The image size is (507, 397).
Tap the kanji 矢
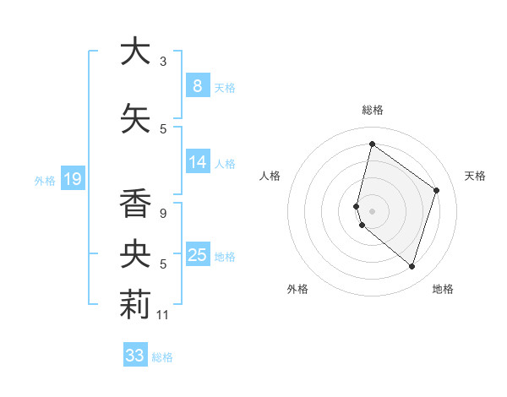pos(134,117)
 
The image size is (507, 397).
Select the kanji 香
pos(134,203)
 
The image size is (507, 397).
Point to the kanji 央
pos(134,253)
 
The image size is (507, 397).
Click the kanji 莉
pos(134,306)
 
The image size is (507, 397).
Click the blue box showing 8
pos(197,86)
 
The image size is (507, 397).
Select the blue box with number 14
pos(197,163)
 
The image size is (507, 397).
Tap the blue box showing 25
pos(197,255)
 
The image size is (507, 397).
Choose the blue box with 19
pos(72,179)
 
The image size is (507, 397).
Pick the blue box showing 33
pos(134,356)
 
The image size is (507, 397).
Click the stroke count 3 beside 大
pos(163,62)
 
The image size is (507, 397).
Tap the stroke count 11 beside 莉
pos(163,316)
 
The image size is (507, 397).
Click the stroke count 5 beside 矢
pos(163,128)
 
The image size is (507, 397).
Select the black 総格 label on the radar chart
pos(373,110)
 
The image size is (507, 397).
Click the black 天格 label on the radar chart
pos(475,176)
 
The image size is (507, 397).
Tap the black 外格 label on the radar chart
pos(297,290)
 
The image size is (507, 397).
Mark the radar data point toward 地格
pos(412,267)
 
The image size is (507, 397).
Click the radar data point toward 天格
pos(437,190)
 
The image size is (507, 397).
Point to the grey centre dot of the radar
pos(373,209)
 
